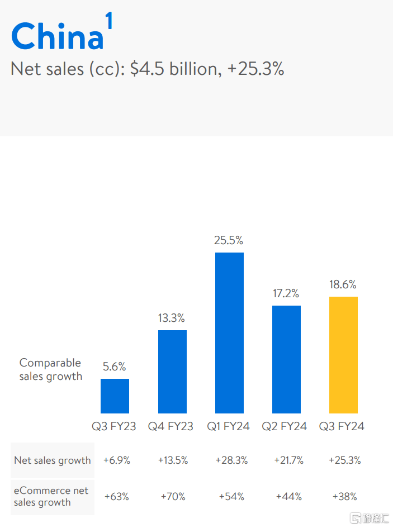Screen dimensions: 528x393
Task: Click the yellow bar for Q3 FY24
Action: coord(343,355)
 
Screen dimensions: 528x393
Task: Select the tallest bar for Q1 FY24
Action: coord(229,333)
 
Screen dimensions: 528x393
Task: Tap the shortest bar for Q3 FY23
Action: coord(115,396)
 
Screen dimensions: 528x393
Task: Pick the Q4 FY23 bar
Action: coord(172,372)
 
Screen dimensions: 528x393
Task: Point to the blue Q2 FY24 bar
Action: coord(286,359)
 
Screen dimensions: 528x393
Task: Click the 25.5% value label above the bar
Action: coord(229,240)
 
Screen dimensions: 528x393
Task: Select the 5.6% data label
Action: coord(114,367)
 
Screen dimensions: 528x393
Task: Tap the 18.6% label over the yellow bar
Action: coord(343,284)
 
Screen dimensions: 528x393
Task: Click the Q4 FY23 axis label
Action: coord(171,426)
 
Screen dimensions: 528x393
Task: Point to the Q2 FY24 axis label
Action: coord(285,426)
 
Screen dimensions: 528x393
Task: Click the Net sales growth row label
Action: coord(53,460)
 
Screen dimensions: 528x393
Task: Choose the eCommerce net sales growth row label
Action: coord(51,496)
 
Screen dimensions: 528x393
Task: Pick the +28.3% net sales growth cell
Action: coord(229,460)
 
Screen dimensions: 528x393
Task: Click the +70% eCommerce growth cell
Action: coord(173,496)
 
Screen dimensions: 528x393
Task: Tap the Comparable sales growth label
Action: coord(50,369)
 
